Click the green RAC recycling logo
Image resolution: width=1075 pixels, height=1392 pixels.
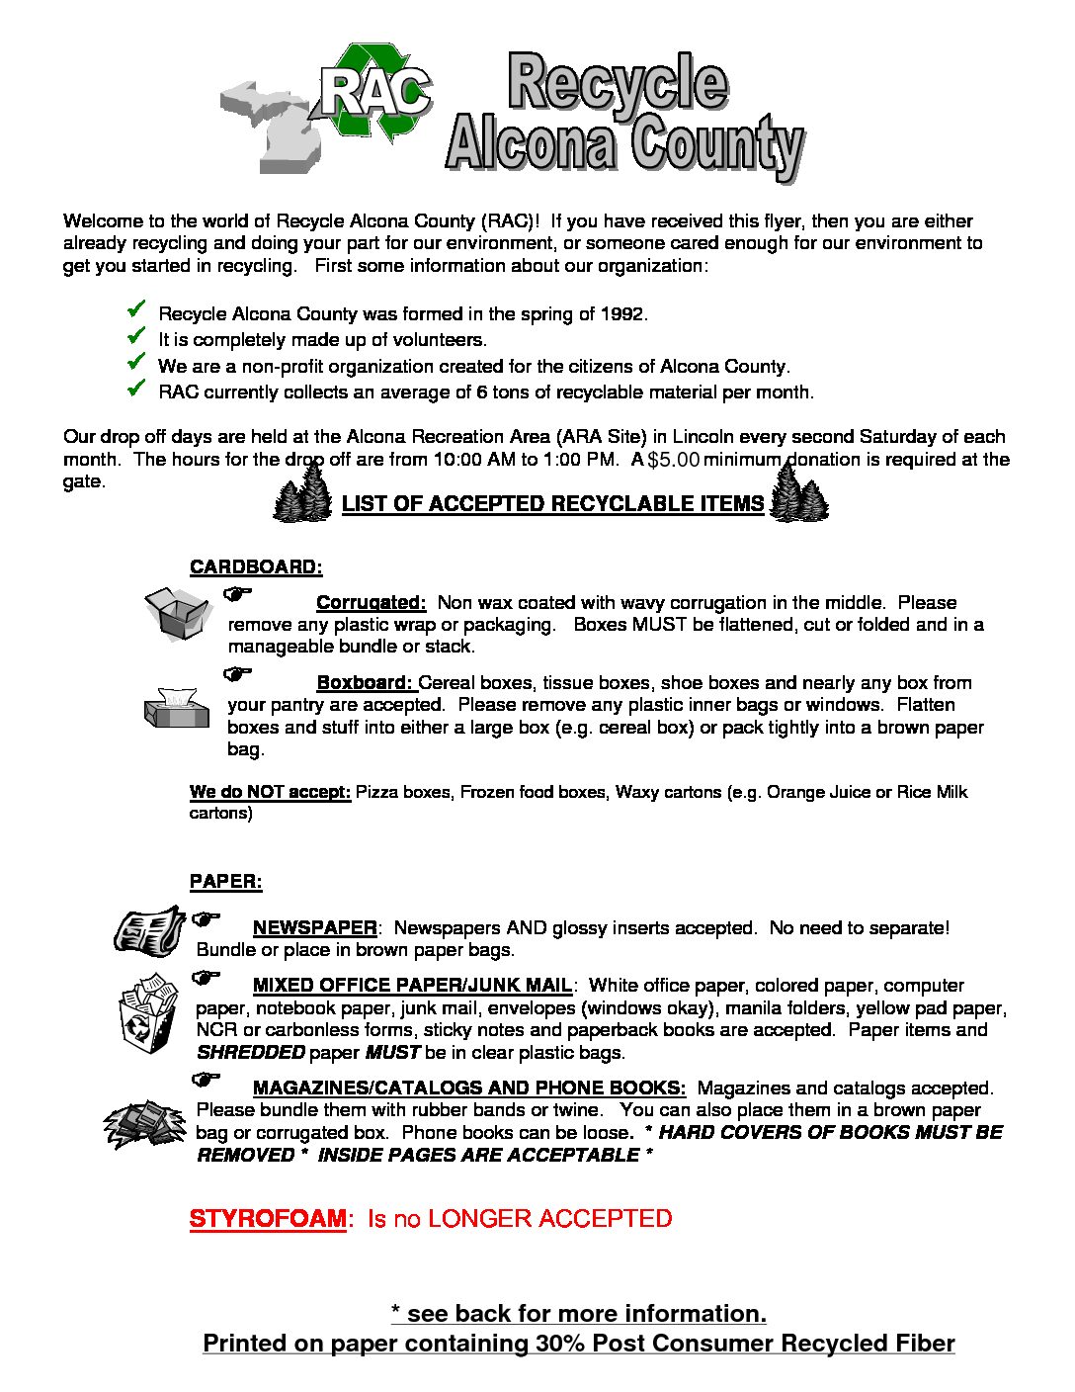(376, 91)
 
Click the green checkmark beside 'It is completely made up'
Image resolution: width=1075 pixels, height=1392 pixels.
(136, 336)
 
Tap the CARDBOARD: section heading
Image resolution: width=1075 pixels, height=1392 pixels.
(256, 567)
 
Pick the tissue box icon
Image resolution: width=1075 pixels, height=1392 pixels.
(177, 707)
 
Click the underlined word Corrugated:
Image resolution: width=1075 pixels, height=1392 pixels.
(371, 603)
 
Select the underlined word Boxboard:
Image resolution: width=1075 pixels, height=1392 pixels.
(365, 683)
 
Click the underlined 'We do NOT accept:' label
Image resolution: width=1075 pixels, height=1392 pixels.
(270, 792)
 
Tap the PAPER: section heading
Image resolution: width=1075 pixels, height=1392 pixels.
(225, 882)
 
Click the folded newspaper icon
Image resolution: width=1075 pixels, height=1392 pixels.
(149, 930)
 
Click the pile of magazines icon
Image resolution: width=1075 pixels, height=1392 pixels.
(144, 1123)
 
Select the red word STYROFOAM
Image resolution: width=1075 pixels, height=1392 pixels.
(268, 1219)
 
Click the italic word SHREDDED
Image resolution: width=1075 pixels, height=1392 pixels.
(251, 1053)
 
